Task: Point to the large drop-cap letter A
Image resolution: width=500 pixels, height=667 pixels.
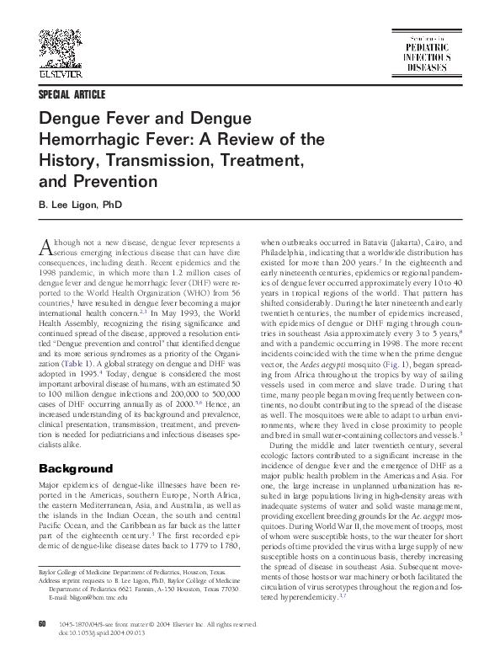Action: [47, 247]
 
